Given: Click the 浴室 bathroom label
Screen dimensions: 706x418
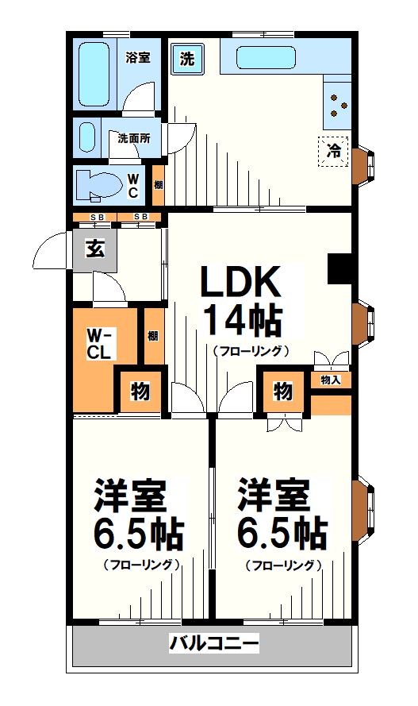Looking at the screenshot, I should [139, 56].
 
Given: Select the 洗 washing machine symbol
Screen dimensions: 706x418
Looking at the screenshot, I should [187, 58].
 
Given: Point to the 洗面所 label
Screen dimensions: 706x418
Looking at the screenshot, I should [134, 137].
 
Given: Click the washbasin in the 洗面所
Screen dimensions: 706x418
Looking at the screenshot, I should [86, 137].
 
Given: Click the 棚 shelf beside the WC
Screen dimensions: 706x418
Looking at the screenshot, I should [159, 185].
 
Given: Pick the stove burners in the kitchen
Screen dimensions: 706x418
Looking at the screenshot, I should [338, 106].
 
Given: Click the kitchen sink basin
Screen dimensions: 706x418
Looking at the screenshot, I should [266, 58].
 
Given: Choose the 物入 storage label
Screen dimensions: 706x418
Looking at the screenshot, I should [331, 380].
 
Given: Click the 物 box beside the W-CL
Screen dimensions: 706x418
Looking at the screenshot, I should [140, 392].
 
